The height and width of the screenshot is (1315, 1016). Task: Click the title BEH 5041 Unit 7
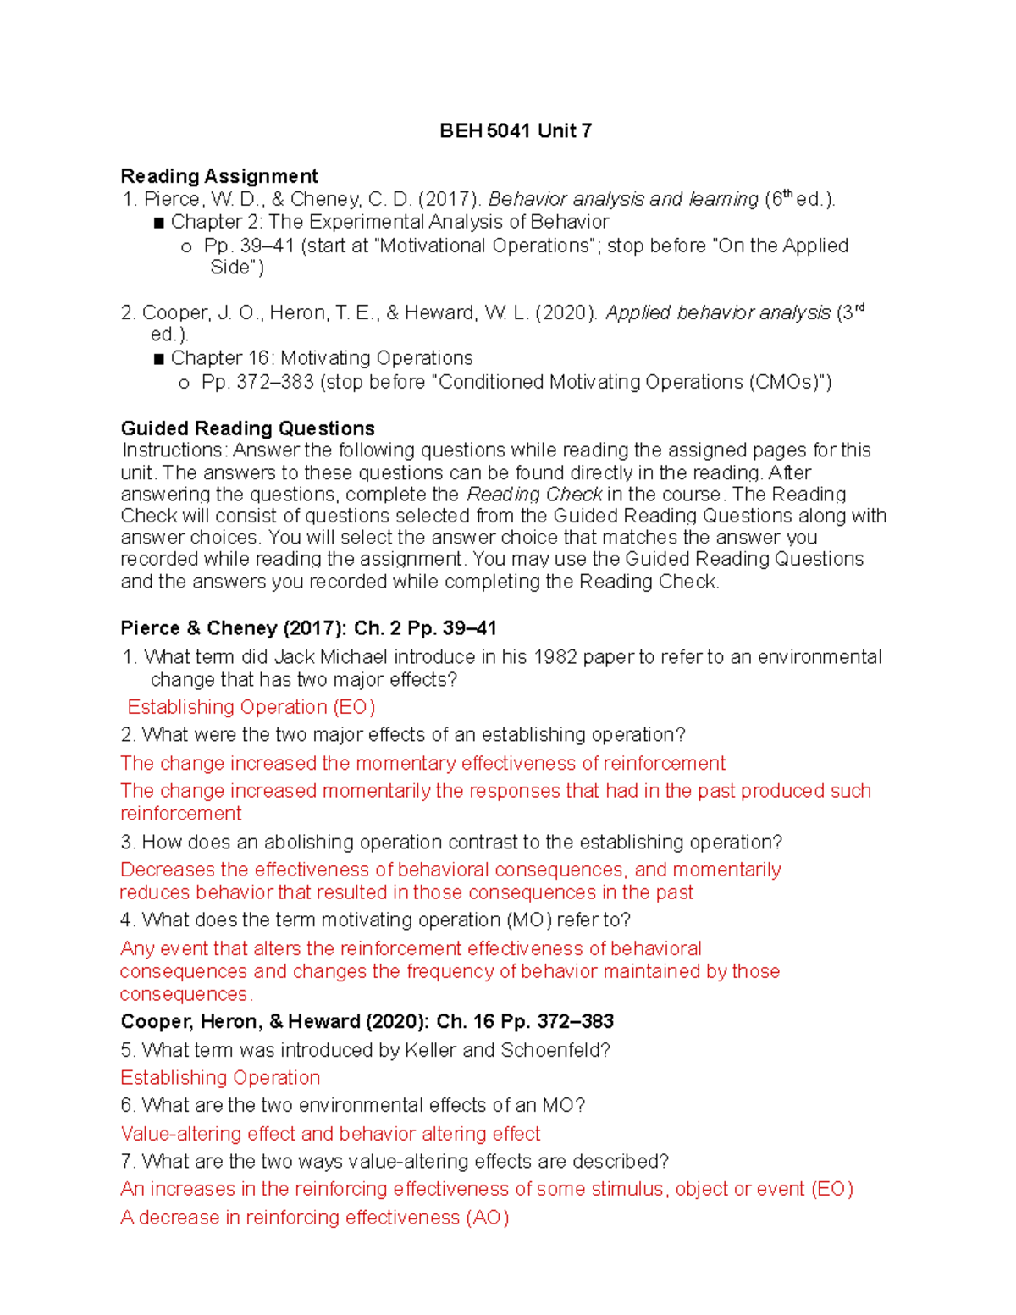[515, 131]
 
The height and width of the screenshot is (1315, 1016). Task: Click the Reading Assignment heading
[219, 176]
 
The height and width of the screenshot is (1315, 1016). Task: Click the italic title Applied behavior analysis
[717, 313]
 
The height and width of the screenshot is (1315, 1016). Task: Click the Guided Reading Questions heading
[247, 428]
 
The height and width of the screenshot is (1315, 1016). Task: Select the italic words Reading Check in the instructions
[534, 495]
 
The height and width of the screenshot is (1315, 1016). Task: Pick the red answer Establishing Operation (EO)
[251, 707]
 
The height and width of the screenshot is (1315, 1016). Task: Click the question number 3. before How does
[128, 843]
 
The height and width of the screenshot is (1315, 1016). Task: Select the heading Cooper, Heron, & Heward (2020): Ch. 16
[367, 1022]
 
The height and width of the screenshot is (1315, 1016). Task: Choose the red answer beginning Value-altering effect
[330, 1134]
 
